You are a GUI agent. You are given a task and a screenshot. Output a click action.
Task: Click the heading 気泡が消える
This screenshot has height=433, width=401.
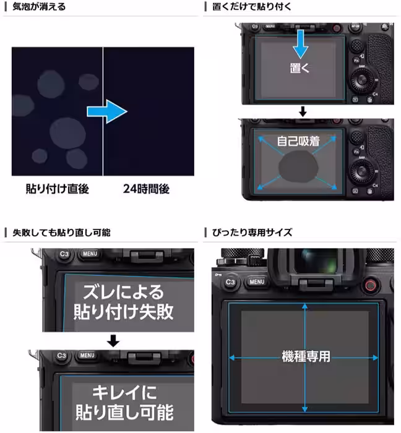[38, 7]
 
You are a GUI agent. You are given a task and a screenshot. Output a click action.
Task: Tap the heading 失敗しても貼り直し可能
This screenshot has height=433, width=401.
[62, 233]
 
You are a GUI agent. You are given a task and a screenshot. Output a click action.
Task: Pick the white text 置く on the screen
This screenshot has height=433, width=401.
[300, 67]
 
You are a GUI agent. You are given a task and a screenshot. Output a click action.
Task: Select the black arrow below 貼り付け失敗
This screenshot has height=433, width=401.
[113, 341]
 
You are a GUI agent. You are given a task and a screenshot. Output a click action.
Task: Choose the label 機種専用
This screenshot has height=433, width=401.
[306, 356]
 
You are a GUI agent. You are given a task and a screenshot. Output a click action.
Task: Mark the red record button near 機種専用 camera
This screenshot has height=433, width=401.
[370, 285]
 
